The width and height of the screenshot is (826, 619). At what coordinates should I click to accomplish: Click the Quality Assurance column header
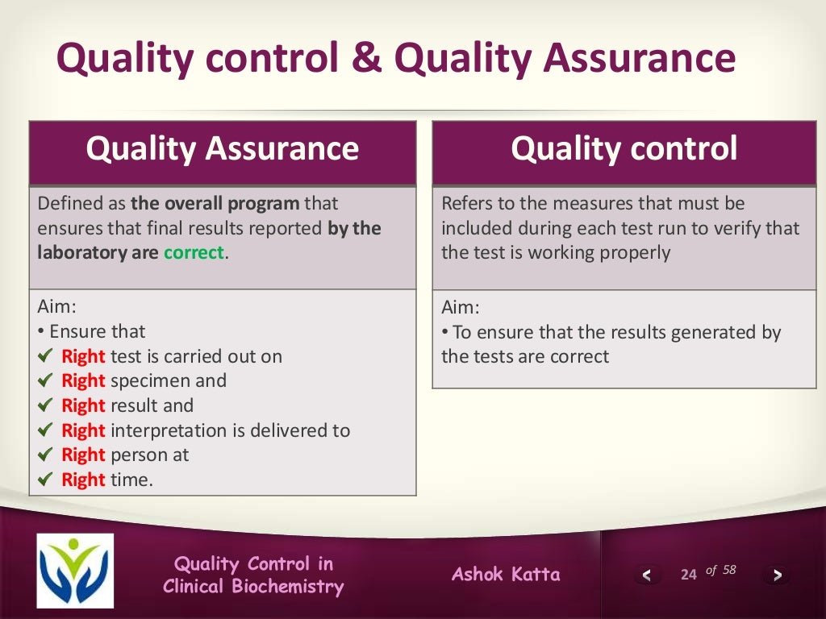[223, 149]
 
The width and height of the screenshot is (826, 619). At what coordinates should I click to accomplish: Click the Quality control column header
[624, 149]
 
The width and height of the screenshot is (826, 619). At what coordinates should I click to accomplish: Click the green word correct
[194, 253]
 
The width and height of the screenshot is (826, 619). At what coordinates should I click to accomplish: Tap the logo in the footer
[75, 571]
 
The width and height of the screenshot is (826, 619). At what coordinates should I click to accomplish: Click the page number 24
[688, 575]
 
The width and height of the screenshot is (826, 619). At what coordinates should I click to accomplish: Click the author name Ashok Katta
[506, 574]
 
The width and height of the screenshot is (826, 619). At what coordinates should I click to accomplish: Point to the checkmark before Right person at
[45, 455]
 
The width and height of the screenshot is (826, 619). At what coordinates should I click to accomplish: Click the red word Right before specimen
[83, 380]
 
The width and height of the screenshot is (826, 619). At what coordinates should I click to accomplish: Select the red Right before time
[83, 480]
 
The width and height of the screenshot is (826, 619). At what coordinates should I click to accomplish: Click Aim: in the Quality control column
[460, 307]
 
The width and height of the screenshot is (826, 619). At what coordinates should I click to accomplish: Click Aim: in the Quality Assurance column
[56, 307]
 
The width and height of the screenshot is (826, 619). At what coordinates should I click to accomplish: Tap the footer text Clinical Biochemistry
[253, 586]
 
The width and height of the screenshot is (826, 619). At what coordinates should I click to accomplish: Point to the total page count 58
[728, 570]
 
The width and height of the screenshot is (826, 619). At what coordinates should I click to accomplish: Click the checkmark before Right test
[45, 355]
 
